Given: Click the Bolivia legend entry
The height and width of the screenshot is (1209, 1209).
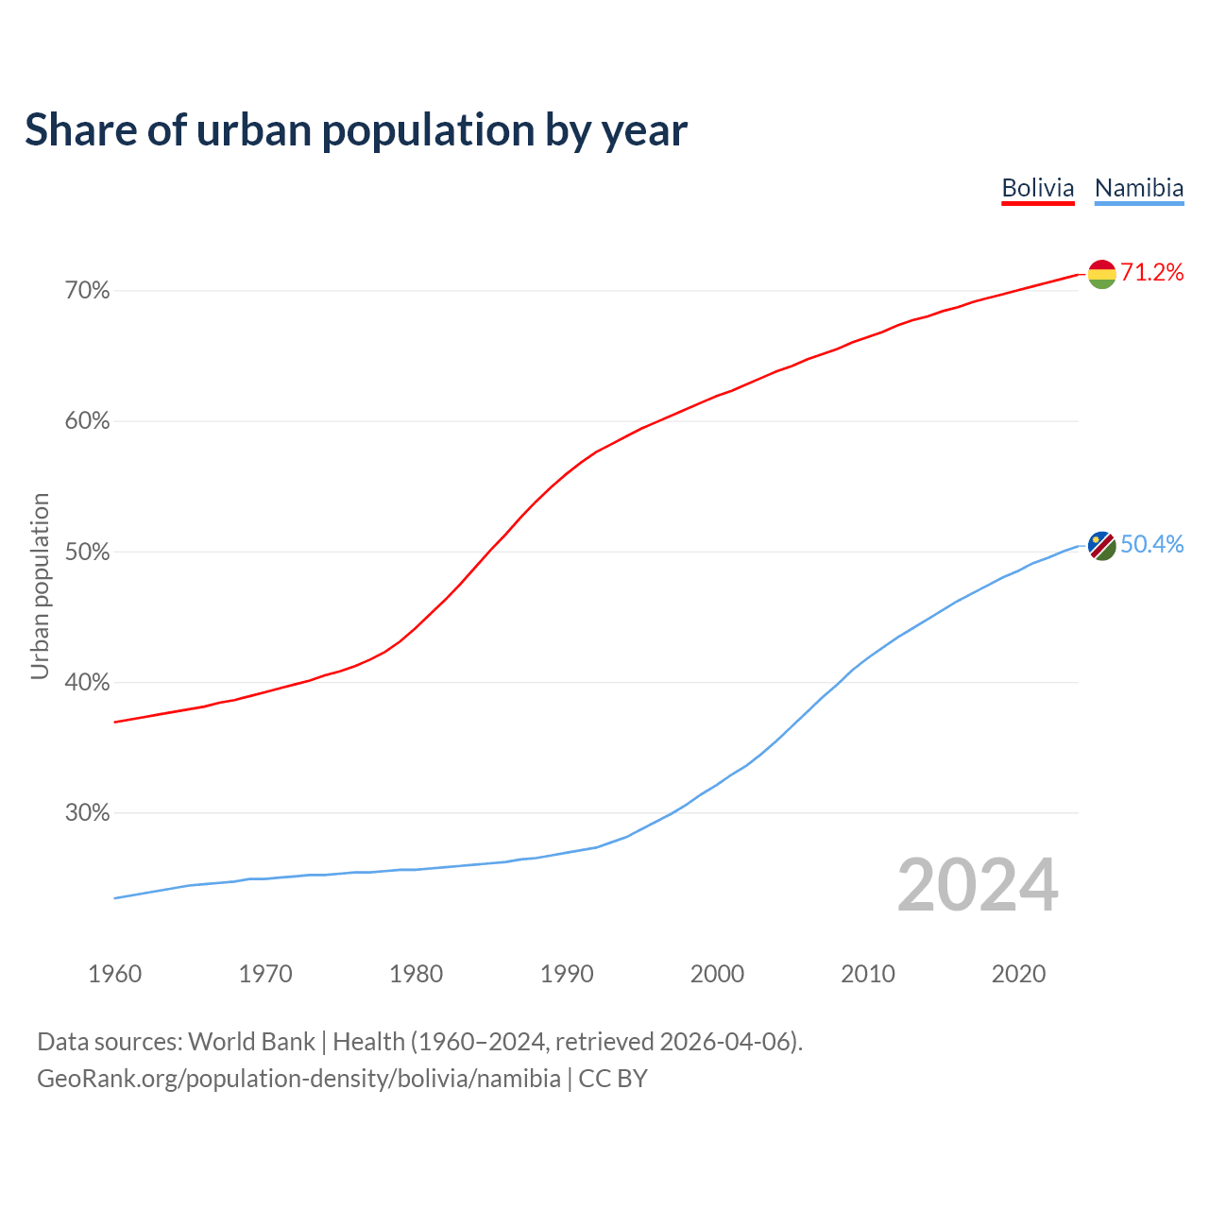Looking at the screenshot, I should (1038, 188).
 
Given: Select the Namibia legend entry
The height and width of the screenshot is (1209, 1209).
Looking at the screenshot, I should (1139, 188).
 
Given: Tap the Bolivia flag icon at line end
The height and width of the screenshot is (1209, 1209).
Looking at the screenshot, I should (1102, 274).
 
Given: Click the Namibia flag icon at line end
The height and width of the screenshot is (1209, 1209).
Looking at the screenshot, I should (1102, 545).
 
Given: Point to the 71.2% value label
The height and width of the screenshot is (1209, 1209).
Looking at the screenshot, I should (1152, 273).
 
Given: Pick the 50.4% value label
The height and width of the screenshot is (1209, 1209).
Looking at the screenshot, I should (1152, 545).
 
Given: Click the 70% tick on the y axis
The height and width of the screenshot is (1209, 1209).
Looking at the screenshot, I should (88, 291).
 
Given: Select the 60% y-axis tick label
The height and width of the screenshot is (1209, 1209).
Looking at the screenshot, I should (88, 421).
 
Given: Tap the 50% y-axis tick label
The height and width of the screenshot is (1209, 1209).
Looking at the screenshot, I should (88, 552).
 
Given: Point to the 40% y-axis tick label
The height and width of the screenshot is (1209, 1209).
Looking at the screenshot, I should (88, 682).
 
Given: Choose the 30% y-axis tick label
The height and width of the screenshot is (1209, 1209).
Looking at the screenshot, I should (88, 813).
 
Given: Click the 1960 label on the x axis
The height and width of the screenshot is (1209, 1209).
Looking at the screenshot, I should (115, 974).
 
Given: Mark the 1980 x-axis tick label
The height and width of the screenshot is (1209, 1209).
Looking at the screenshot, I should (417, 974).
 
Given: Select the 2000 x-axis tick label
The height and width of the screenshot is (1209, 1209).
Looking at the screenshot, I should (718, 974).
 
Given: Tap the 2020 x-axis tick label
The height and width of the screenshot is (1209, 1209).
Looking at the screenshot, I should (1018, 974).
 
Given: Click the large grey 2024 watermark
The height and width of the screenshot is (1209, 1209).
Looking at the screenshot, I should (978, 885).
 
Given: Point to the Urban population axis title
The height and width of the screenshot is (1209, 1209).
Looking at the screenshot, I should (40, 586).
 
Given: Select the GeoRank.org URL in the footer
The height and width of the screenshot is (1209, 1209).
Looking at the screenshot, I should (298, 1079).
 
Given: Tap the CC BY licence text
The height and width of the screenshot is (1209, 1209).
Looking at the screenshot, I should (613, 1079).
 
